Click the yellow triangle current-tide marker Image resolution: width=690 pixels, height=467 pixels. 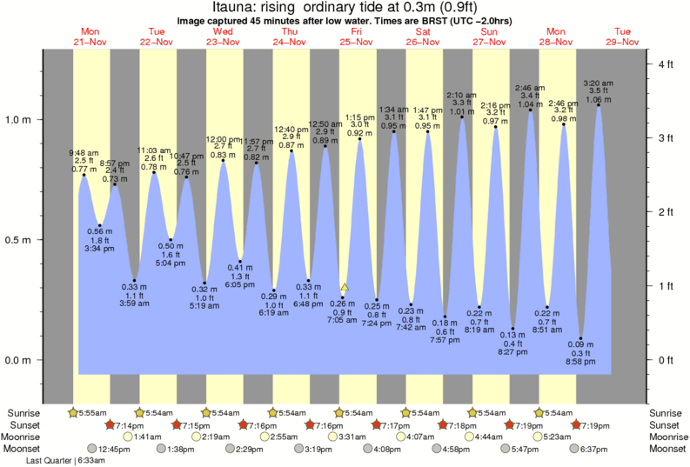pos(345,287)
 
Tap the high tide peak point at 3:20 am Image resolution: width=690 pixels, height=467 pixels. pos(598,106)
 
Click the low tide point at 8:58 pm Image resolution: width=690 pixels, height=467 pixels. pos(580,338)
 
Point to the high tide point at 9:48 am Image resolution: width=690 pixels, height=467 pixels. pos(84,175)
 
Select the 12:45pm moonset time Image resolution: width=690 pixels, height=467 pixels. pos(114,449)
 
